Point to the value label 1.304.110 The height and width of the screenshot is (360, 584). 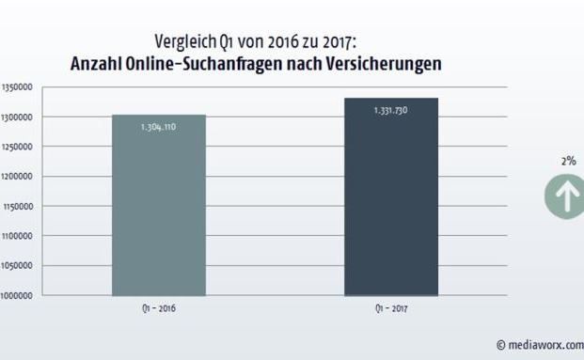pyautogui.click(x=158, y=126)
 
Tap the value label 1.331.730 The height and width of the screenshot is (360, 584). pyautogui.click(x=390, y=109)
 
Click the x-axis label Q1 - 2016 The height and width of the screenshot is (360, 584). pyautogui.click(x=158, y=307)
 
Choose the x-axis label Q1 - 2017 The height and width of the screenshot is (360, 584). pyautogui.click(x=390, y=307)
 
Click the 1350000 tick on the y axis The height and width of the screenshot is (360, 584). pyautogui.click(x=17, y=87)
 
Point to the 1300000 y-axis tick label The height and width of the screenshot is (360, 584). pyautogui.click(x=17, y=117)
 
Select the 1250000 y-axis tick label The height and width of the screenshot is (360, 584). pyautogui.click(x=17, y=147)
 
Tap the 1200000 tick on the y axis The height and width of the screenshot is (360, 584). pyautogui.click(x=17, y=177)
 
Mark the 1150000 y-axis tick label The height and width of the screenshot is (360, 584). pyautogui.click(x=17, y=206)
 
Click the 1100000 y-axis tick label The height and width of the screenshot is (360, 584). pyautogui.click(x=17, y=236)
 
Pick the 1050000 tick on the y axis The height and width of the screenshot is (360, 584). pyautogui.click(x=17, y=265)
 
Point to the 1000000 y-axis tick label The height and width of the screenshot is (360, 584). pyautogui.click(x=17, y=295)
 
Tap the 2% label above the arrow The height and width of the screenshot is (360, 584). pyautogui.click(x=568, y=161)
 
